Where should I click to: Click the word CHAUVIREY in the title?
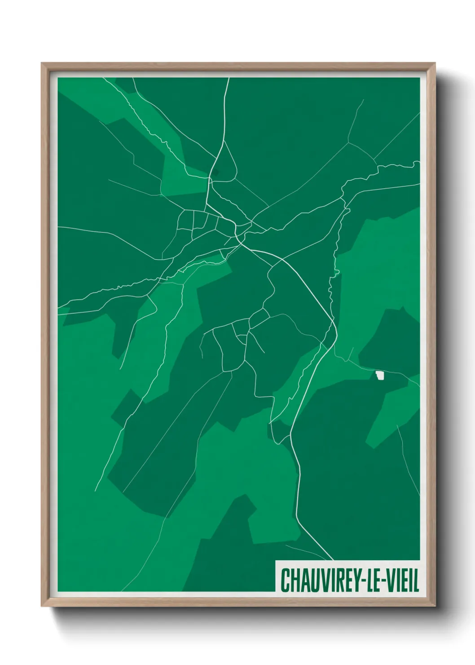tap(320, 580)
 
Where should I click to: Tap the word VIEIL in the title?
tap(401, 580)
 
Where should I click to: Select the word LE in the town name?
tap(374, 580)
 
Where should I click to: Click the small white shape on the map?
tap(380, 375)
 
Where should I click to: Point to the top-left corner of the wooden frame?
tap(42, 63)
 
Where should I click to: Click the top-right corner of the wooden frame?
tap(435, 63)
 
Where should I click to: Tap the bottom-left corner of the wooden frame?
tap(42, 606)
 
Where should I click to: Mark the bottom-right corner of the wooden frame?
tap(435, 606)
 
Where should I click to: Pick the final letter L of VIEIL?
tap(416, 580)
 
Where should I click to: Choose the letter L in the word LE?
tap(370, 580)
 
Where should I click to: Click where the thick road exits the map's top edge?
tap(229, 79)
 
